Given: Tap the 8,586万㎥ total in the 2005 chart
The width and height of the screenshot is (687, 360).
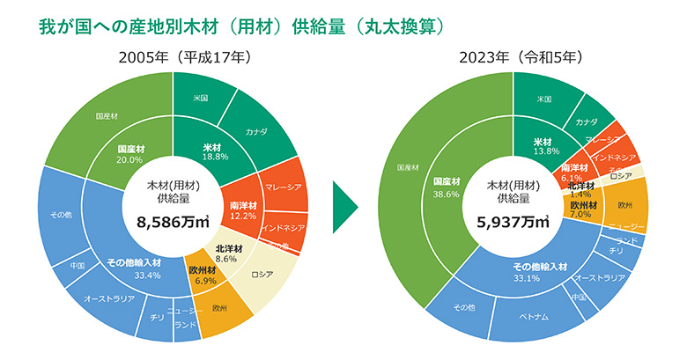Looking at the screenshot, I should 173,224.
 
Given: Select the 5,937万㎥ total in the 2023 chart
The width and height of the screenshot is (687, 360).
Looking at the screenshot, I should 513,224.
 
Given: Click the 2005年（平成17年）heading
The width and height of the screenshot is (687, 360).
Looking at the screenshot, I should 172,57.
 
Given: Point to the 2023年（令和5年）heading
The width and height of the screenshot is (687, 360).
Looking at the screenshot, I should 513,57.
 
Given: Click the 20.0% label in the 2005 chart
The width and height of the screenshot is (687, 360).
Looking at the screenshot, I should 129,160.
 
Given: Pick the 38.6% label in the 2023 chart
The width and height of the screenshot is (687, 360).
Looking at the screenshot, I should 449,195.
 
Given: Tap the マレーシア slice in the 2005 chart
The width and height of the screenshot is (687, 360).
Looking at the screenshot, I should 282,187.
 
